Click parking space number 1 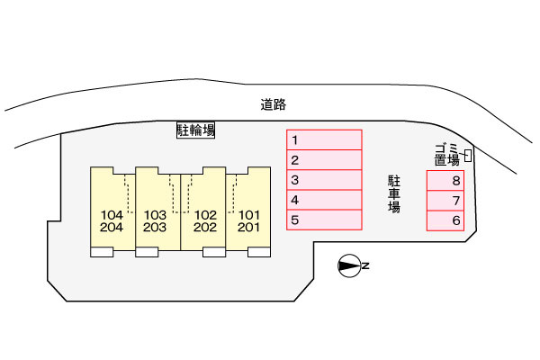point(324,139)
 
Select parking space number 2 point(324,160)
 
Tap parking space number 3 point(324,180)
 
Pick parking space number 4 point(324,200)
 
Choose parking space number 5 point(324,220)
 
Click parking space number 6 point(445,220)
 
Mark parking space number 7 point(445,201)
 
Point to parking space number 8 point(445,181)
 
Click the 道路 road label point(274,104)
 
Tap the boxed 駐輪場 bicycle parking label point(195,130)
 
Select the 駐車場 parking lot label point(394,194)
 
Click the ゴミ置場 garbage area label point(447,156)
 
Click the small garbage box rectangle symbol point(468,156)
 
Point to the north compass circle point(349,265)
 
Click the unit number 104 point(112,215)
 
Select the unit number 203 point(155,228)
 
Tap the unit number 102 point(205,215)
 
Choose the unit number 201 point(248,228)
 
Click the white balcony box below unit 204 point(102,252)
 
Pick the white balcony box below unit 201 point(259,252)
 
